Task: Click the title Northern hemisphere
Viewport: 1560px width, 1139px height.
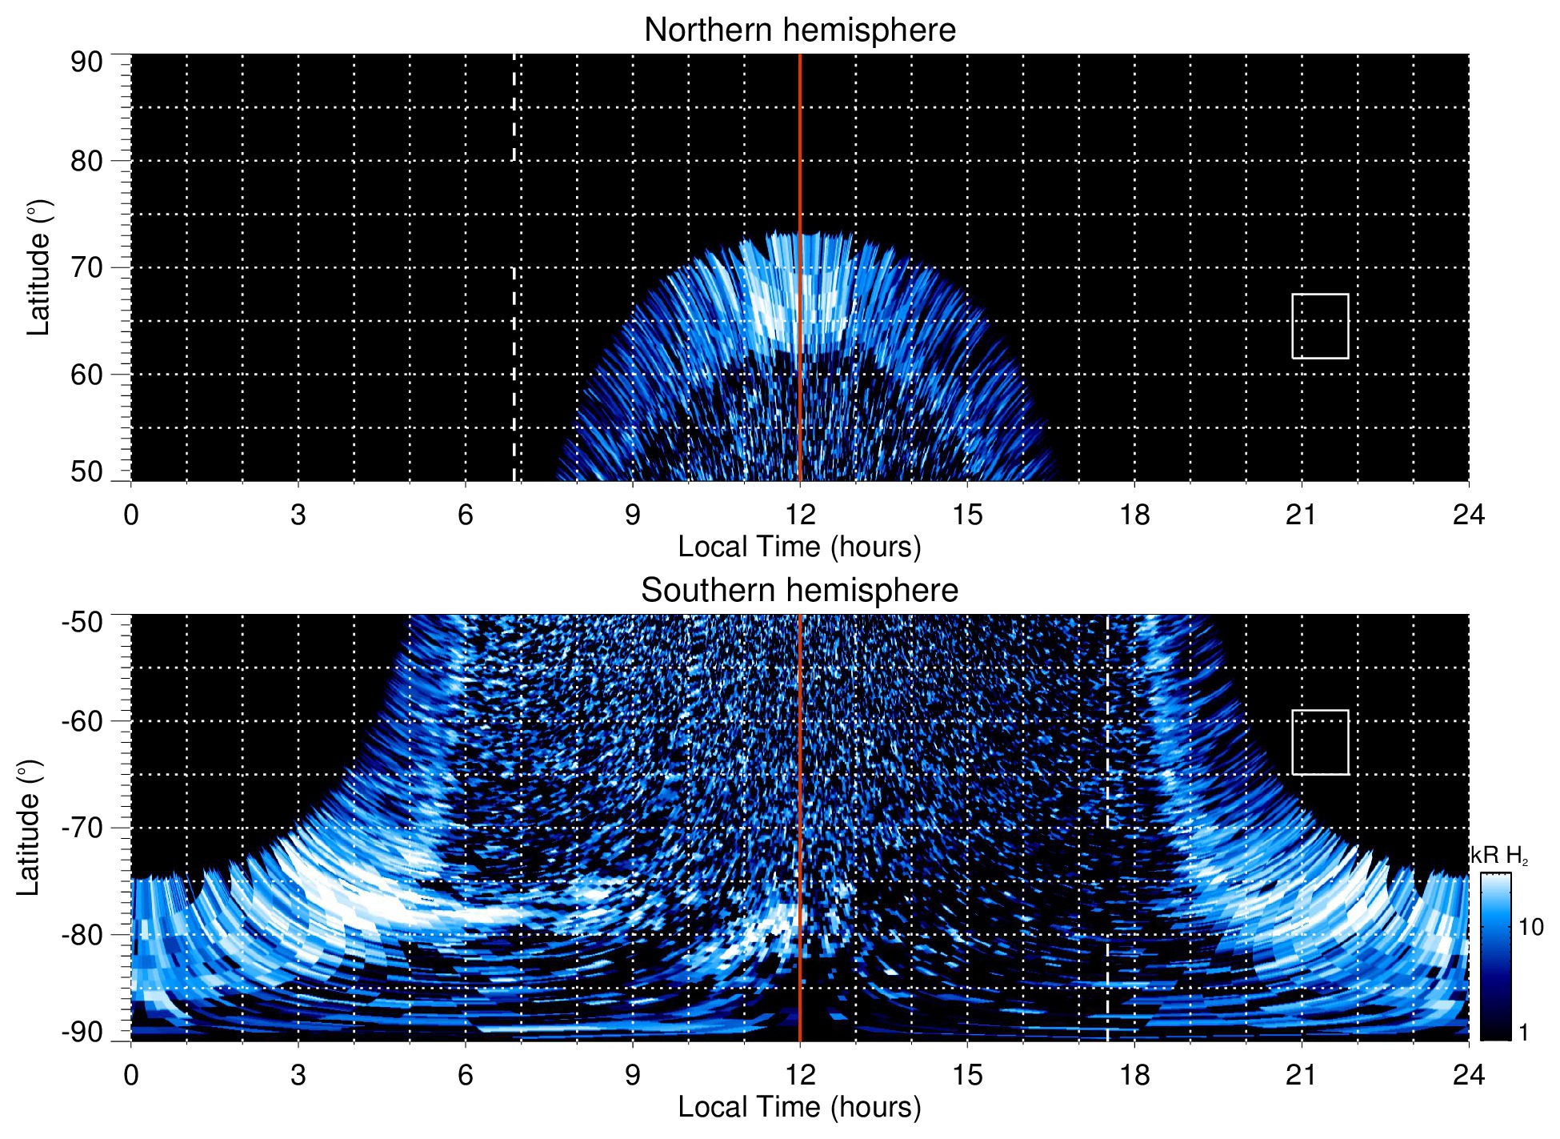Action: click(799, 30)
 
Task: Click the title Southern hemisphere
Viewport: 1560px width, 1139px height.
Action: click(799, 591)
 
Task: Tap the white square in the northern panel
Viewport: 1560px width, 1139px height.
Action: click(1320, 326)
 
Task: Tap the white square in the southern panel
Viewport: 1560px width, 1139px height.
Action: click(1320, 742)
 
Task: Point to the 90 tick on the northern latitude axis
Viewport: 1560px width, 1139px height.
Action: click(86, 62)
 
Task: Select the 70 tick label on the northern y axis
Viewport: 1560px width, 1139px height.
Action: click(86, 267)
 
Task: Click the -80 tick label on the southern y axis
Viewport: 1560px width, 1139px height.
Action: click(83, 934)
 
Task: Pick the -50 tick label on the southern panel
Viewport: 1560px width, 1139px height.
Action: click(83, 622)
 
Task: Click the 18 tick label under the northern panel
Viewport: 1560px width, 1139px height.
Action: click(1134, 515)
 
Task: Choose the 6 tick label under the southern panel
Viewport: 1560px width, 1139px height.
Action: click(465, 1075)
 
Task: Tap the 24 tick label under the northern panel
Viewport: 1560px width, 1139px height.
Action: click(1468, 515)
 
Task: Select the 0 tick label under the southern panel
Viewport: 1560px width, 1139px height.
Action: click(131, 1075)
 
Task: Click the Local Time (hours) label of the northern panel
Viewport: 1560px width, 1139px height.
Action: click(799, 547)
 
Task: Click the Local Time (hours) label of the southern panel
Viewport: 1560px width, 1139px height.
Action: click(799, 1107)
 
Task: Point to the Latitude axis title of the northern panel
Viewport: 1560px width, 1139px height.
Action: click(38, 267)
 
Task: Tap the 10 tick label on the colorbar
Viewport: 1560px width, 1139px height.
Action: click(1530, 927)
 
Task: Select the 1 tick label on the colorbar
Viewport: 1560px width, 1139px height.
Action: click(1523, 1033)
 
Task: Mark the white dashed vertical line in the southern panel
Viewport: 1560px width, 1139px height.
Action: click(1107, 880)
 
